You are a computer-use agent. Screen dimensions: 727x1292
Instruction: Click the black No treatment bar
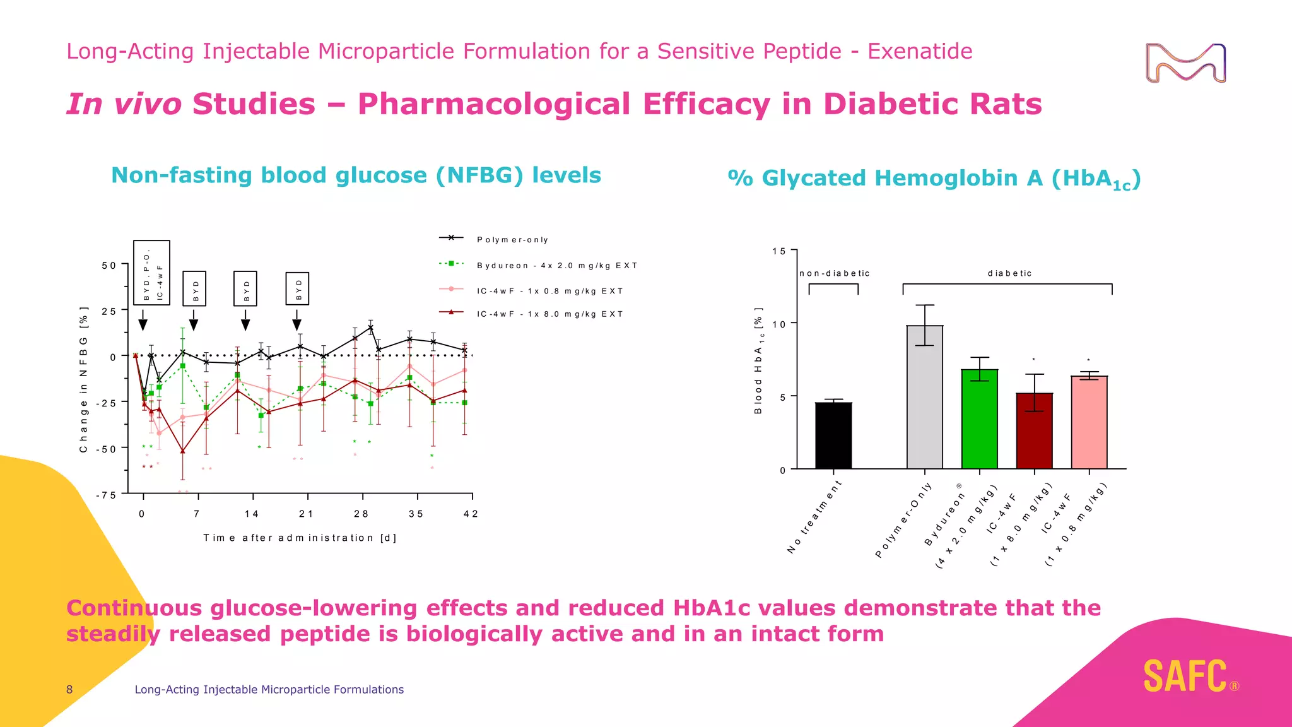coord(833,435)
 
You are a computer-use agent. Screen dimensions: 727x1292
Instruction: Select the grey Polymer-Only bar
coord(925,398)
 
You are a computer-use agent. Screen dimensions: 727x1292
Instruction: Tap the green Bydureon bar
coord(980,420)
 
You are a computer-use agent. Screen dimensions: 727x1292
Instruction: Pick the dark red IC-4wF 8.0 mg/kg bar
coord(1035,431)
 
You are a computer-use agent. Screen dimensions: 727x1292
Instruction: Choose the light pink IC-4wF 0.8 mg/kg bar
coord(1089,423)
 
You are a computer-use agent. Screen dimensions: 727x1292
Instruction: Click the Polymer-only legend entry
coord(512,240)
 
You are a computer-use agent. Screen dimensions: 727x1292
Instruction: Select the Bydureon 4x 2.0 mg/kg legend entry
coord(556,266)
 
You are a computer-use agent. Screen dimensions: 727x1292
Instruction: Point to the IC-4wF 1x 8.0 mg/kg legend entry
coord(549,314)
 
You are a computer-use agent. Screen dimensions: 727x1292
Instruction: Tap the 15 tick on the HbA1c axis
coord(779,251)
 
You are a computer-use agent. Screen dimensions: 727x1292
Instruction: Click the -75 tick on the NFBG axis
coord(106,495)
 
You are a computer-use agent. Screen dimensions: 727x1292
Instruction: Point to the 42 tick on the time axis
coord(471,514)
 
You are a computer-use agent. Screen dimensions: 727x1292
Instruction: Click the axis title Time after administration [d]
coord(300,538)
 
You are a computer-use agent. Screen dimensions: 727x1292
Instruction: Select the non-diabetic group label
coord(834,273)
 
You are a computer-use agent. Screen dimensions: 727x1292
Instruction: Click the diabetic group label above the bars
coord(1009,273)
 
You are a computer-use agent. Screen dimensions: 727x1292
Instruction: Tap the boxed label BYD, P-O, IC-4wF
coord(151,273)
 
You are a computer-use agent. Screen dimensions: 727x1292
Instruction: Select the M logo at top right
coord(1185,63)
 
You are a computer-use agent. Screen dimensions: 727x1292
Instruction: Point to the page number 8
coord(69,689)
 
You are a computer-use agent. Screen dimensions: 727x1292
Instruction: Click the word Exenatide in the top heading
coord(919,51)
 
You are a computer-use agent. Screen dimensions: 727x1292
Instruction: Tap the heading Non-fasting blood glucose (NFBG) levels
coord(356,175)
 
